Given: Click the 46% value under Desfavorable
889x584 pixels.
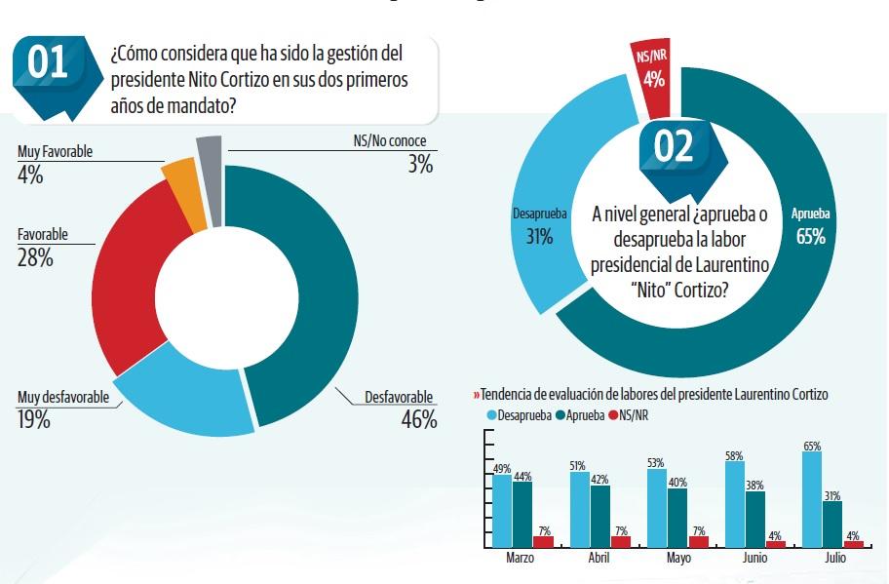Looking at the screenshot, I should pyautogui.click(x=418, y=420).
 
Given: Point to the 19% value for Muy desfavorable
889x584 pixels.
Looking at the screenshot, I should pyautogui.click(x=34, y=420).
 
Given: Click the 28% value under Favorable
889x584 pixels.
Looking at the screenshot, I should pyautogui.click(x=35, y=258).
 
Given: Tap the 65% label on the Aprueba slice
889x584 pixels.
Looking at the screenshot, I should pyautogui.click(x=810, y=236).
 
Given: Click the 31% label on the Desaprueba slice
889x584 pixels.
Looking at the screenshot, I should pyautogui.click(x=537, y=236).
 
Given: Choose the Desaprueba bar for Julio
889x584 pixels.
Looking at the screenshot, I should pyautogui.click(x=811, y=498).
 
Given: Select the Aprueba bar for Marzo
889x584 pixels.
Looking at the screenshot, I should pyautogui.click(x=522, y=514).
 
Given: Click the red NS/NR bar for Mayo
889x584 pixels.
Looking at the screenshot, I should pyautogui.click(x=699, y=541).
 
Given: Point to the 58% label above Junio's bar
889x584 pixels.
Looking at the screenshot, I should pyautogui.click(x=734, y=455).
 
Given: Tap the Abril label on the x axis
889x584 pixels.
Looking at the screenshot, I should pyautogui.click(x=599, y=560).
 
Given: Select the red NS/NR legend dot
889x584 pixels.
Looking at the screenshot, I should pyautogui.click(x=612, y=415).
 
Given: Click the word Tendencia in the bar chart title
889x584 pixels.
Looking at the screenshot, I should pyautogui.click(x=511, y=395).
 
